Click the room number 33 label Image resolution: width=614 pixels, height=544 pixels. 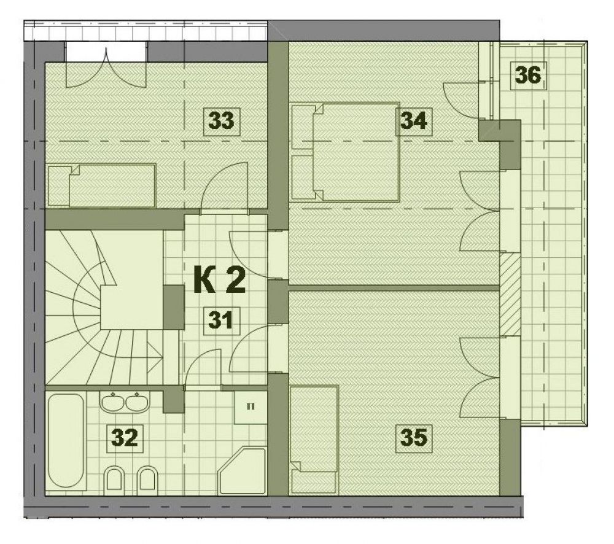pyautogui.click(x=221, y=120)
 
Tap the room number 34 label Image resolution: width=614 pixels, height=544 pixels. pyautogui.click(x=413, y=120)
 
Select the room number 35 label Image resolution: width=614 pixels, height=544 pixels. pyautogui.click(x=413, y=437)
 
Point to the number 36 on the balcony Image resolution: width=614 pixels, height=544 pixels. pyautogui.click(x=528, y=75)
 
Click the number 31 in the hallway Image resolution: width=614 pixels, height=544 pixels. pyautogui.click(x=221, y=320)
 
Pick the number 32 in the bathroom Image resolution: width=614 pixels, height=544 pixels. pyautogui.click(x=125, y=437)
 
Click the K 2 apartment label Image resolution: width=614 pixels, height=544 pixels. pyautogui.click(x=220, y=279)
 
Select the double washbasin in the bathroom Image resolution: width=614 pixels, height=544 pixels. pyautogui.click(x=125, y=402)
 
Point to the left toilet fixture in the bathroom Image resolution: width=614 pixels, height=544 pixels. pyautogui.click(x=114, y=478)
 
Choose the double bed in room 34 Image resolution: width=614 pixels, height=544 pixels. pyautogui.click(x=344, y=152)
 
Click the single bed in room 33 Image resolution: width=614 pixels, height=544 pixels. pyautogui.click(x=102, y=185)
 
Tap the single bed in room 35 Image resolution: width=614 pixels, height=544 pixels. pyautogui.click(x=314, y=438)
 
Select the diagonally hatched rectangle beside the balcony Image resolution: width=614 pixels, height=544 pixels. pyautogui.click(x=510, y=294)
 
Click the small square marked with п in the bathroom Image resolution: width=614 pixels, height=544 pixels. pyautogui.click(x=251, y=407)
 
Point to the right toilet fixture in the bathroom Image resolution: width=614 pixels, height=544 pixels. pyautogui.click(x=147, y=478)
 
